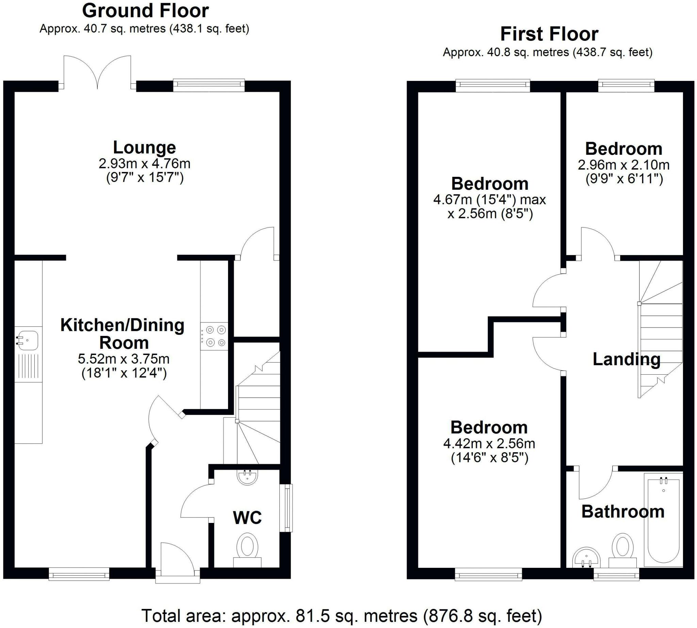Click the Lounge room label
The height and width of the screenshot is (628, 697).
144,148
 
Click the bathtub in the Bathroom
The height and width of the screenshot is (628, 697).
663,520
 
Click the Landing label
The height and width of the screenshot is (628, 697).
626,359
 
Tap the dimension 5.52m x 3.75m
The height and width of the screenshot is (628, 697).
124,359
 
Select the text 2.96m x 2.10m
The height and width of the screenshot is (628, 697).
623,165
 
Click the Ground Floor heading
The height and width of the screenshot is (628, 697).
145,11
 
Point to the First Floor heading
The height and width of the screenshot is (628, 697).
549,34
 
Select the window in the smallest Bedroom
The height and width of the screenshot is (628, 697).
626,86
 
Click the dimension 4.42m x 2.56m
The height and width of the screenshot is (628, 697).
489,443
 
